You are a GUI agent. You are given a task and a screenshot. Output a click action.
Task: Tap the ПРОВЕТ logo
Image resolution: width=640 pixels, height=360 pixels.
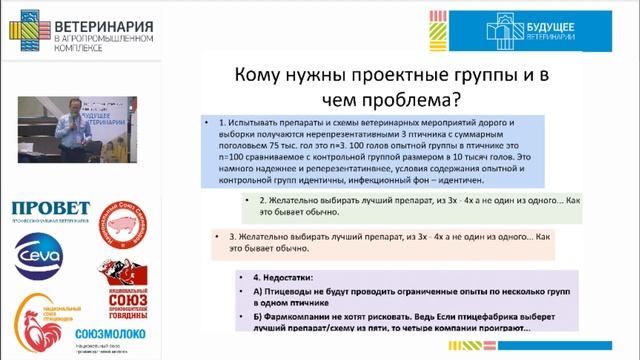tap(50, 209)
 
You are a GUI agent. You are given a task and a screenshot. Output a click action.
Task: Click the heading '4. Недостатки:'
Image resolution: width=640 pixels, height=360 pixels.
tap(275, 276)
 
